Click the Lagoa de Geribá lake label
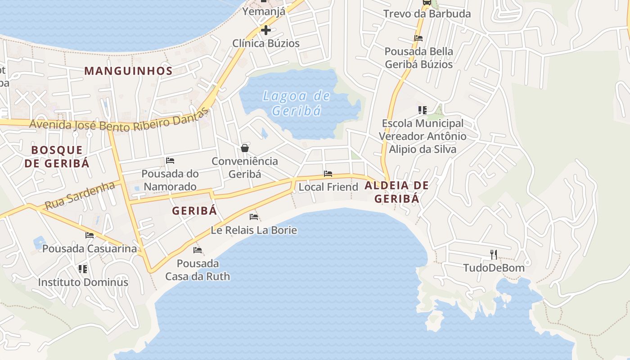(297, 103)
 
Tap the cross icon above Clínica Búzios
(266, 31)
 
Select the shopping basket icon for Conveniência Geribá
(245, 148)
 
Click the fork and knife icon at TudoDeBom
(494, 255)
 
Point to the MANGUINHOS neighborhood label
(128, 71)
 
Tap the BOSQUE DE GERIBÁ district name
(57, 157)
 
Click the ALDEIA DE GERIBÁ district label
(396, 192)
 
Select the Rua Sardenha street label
(80, 195)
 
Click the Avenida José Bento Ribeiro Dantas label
(120, 120)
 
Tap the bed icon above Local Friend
(328, 174)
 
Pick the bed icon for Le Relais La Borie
(254, 217)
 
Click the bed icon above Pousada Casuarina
(90, 235)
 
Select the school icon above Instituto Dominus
(82, 269)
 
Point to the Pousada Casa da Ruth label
(198, 270)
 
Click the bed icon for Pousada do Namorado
(170, 161)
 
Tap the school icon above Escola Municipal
(422, 110)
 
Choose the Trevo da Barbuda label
(427, 14)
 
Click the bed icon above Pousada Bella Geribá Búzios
(418, 38)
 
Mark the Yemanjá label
(264, 12)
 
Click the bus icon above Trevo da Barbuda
(427, 2)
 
